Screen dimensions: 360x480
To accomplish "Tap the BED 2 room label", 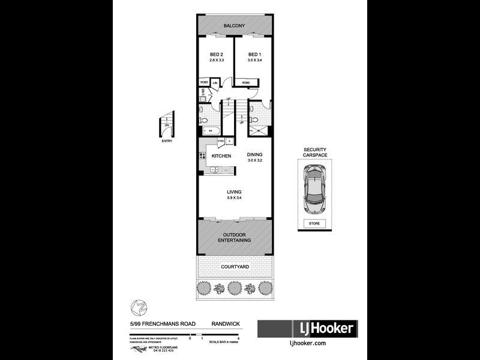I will tap(215, 54).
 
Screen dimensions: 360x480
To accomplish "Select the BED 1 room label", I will tap(254, 54).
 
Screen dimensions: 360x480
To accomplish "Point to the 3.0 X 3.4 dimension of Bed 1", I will tap(254, 61).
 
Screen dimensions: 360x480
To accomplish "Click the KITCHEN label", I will tap(221, 156).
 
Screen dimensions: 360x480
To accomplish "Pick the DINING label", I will tap(255, 154).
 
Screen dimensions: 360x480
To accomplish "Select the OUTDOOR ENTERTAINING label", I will tap(237, 237).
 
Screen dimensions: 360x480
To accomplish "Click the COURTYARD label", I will tap(235, 266).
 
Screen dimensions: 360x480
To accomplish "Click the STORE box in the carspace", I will tap(314, 224).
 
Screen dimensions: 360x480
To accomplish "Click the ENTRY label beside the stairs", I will tap(166, 142).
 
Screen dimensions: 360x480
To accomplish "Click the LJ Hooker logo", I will tap(307, 329).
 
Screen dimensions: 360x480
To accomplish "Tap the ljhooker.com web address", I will tap(307, 343).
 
